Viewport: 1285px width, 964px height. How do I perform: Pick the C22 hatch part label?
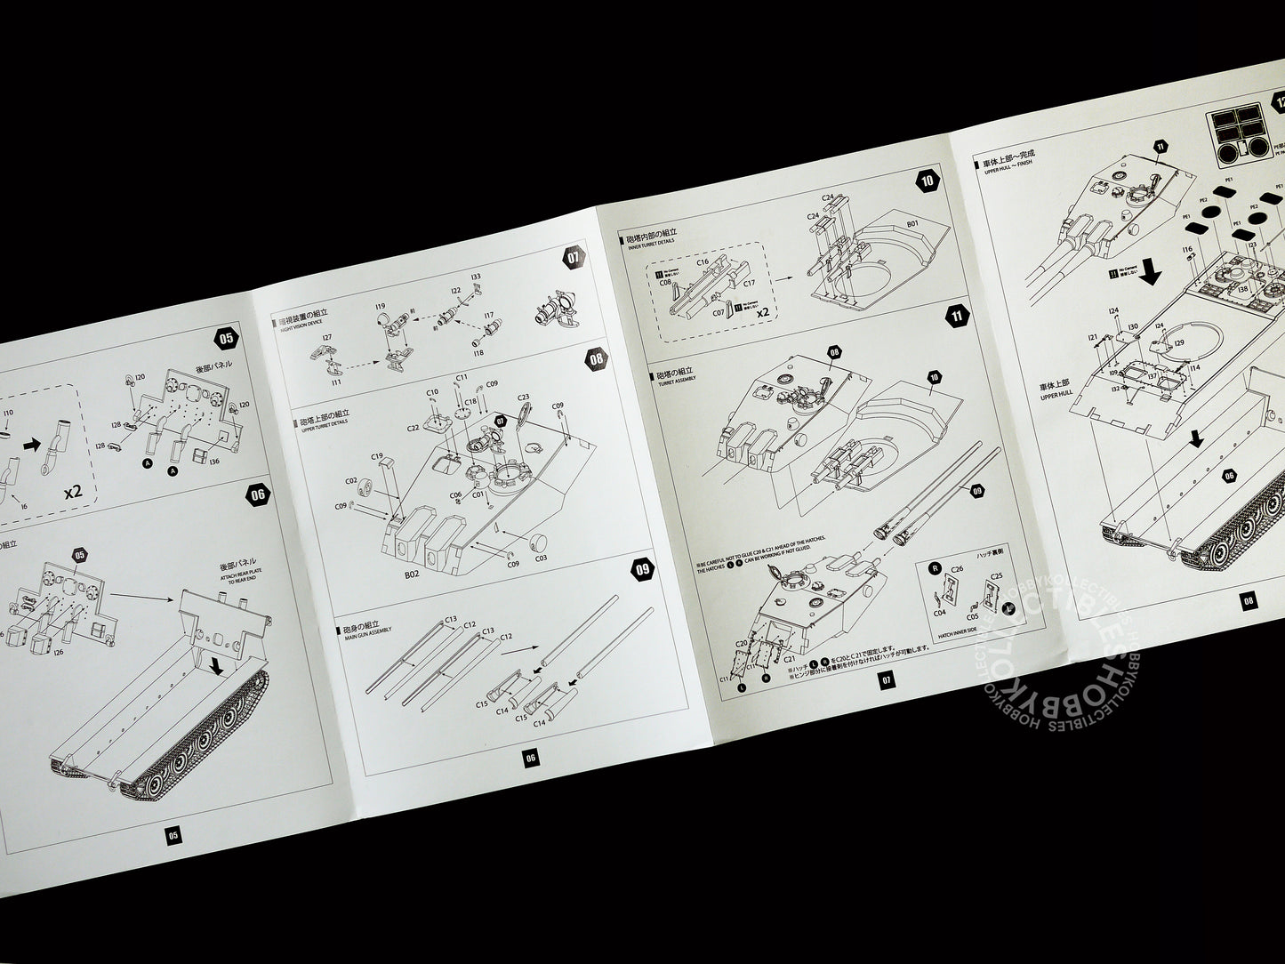tap(414, 428)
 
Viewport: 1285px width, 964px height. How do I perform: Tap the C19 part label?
tap(378, 454)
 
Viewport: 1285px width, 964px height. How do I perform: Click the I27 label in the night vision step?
tap(327, 338)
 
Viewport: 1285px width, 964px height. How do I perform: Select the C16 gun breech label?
tap(702, 263)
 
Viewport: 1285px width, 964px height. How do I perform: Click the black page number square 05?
tap(173, 835)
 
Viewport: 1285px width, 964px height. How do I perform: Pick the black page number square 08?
tap(1249, 599)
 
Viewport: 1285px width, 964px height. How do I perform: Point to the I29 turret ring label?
tap(1178, 342)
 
